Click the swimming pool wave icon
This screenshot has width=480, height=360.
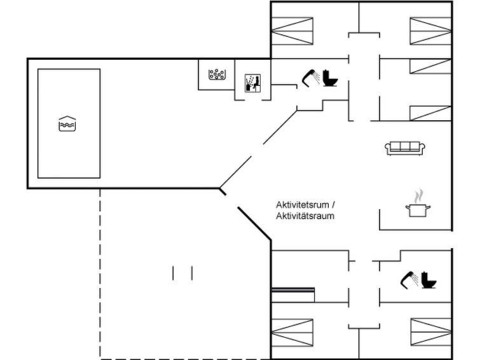[x=67, y=124]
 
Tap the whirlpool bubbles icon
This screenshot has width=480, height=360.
[x=217, y=74]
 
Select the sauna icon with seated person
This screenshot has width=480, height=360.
[x=253, y=83]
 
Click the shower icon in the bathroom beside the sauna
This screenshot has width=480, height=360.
[x=311, y=77]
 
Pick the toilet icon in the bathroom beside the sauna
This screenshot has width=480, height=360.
[x=330, y=78]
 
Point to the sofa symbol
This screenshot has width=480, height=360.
[x=405, y=148]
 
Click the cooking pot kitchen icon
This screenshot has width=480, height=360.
[x=418, y=211]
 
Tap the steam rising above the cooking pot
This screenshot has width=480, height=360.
[x=418, y=197]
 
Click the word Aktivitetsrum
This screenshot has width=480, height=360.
[x=303, y=205]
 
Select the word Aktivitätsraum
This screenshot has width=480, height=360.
[x=305, y=216]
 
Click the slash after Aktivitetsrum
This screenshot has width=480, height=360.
[x=333, y=205]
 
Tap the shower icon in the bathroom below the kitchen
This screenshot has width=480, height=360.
[x=409, y=280]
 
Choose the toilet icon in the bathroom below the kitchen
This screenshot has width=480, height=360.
[x=429, y=280]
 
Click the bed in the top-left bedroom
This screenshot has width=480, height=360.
[x=292, y=31]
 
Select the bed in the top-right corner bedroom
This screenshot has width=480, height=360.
[x=430, y=31]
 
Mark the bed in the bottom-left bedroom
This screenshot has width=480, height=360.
[x=292, y=333]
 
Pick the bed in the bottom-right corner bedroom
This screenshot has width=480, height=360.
[x=431, y=333]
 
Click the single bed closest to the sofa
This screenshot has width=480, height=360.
[x=430, y=113]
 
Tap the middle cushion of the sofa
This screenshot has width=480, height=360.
[x=405, y=146]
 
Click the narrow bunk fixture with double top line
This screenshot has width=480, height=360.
[x=293, y=294]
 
